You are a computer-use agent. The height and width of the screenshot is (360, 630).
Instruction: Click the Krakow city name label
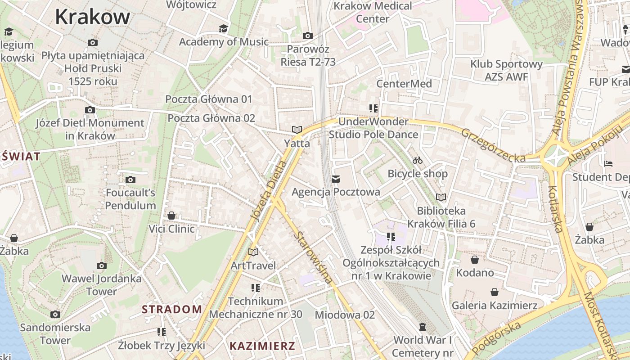point(92,17)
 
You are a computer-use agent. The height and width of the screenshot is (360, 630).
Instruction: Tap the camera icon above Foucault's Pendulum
point(130,180)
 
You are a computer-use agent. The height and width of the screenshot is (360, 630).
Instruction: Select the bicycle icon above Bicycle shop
point(418,160)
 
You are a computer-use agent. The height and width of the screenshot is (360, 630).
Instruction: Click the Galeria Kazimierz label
point(495,306)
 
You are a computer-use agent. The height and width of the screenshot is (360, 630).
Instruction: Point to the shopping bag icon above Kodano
point(474,260)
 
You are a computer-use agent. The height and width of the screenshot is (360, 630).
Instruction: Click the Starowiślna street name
point(314,257)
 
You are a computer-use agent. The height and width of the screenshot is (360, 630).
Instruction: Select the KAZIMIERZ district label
point(262,346)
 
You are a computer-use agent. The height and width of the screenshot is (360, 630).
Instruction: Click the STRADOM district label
point(172,309)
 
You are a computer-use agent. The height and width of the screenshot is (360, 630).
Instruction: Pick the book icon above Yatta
point(297,130)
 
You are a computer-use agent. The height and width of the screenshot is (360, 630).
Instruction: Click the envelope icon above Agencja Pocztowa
point(335,179)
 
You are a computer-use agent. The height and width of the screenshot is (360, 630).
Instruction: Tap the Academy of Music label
point(224,42)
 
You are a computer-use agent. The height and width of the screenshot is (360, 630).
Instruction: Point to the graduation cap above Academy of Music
point(223,29)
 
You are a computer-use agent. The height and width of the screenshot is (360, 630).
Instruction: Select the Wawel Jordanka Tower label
point(102,285)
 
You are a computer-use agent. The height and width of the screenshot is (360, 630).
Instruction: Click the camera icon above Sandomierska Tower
point(55,314)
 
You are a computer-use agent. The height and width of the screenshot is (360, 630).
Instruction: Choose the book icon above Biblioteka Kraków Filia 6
point(441,197)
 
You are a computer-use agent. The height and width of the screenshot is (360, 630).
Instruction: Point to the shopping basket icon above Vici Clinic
point(171,216)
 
